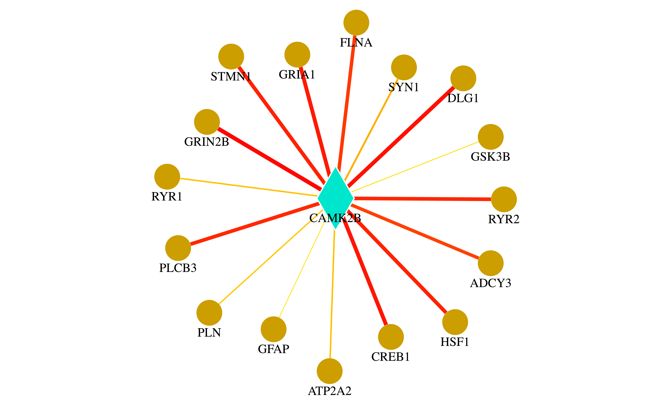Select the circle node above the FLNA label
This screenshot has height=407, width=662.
(x=356, y=23)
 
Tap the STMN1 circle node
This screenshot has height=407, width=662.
(x=231, y=57)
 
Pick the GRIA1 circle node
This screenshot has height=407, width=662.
(x=297, y=55)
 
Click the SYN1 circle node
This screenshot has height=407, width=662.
(x=404, y=67)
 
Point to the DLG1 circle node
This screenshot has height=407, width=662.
(x=463, y=78)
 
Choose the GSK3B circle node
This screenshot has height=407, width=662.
(x=490, y=137)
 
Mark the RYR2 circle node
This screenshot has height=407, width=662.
(x=504, y=199)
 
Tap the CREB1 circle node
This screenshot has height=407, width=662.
(x=391, y=337)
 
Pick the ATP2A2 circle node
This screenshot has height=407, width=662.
(x=330, y=371)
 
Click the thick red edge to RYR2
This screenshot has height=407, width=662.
(x=423, y=199)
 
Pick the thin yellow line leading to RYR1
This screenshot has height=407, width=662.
(x=248, y=187)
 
